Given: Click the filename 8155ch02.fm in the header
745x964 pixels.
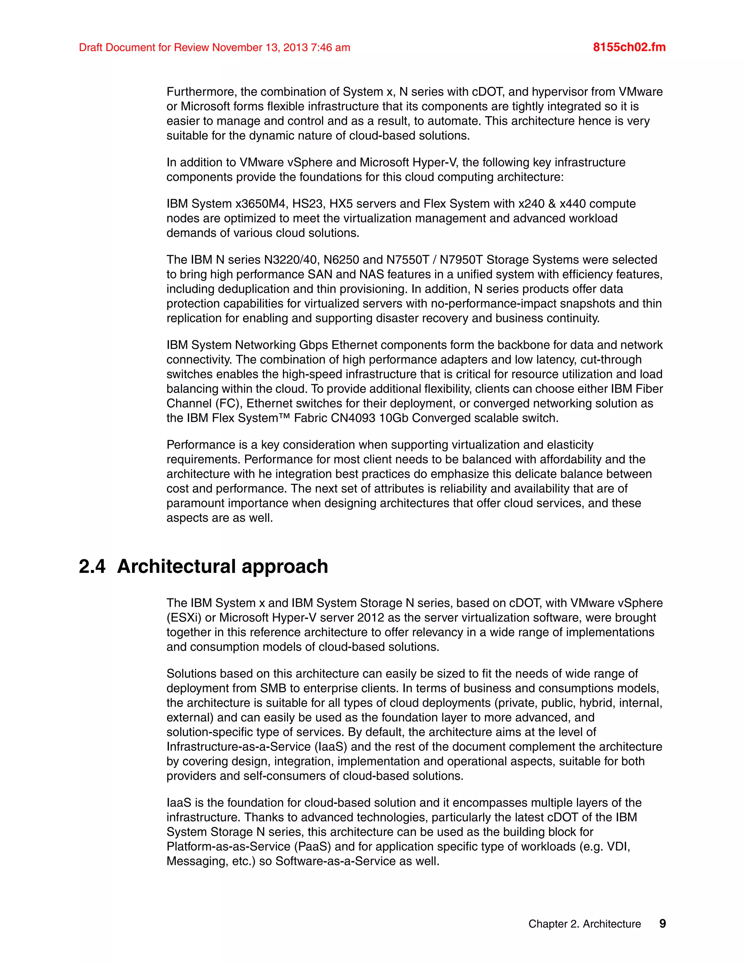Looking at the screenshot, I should pos(629,47).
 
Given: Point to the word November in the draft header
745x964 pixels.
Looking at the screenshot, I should pos(237,47).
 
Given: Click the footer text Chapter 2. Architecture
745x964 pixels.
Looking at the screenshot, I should pos(584,924).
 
